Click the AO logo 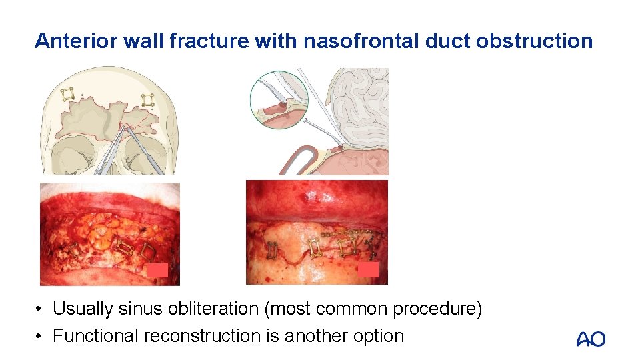(x=591, y=339)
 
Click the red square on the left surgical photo (x=157, y=270)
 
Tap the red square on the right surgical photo (x=368, y=270)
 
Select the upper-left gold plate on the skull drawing (x=67, y=95)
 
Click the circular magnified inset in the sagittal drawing (x=279, y=100)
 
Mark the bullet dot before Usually (x=41, y=310)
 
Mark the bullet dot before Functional (x=41, y=336)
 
